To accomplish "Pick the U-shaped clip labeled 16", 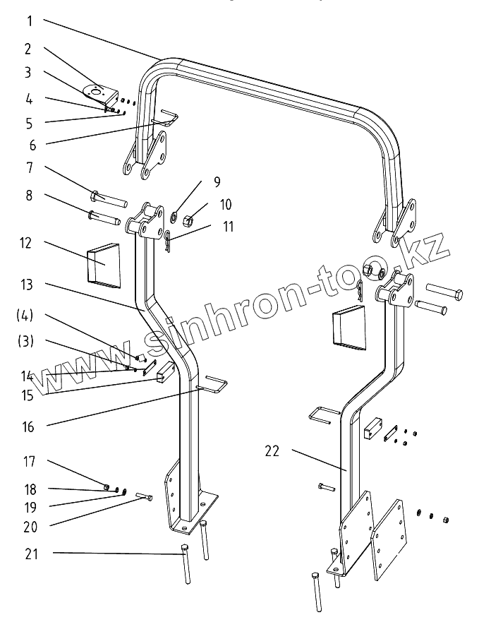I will (214, 386).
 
